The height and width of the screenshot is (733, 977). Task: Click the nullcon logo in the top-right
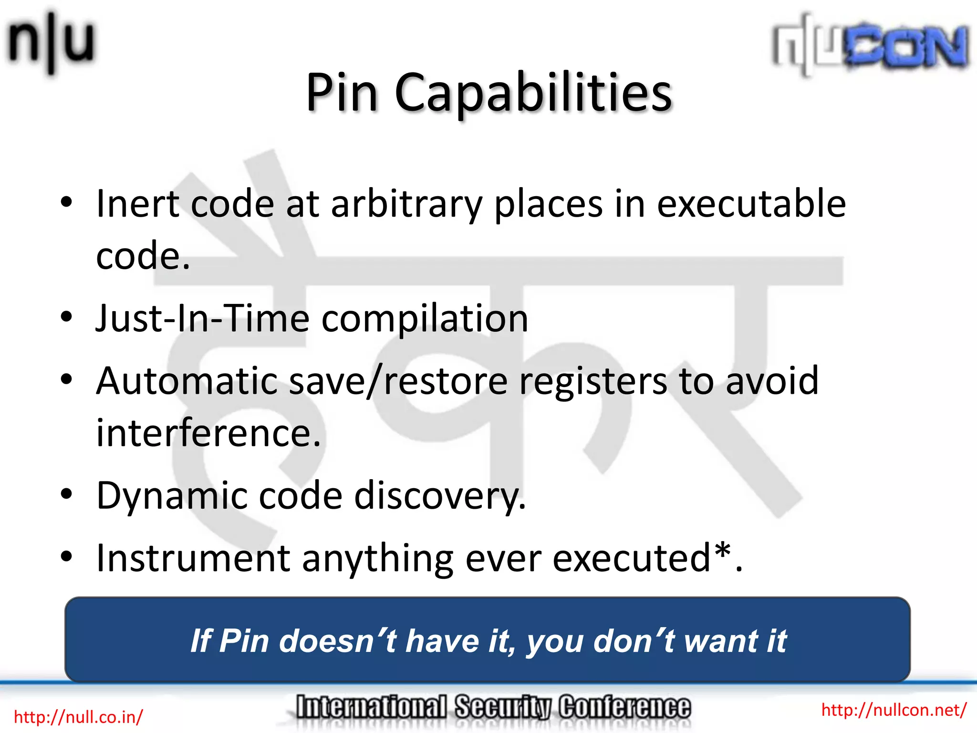[x=870, y=45]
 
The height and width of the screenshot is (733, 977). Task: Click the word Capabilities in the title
[x=533, y=93]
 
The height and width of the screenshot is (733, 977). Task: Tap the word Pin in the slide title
[x=342, y=93]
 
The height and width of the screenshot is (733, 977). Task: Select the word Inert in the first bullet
[x=137, y=204]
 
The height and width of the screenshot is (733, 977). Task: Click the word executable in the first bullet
[x=751, y=204]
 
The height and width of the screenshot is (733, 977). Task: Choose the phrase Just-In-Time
[x=202, y=319]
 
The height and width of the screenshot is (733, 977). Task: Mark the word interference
[x=208, y=433]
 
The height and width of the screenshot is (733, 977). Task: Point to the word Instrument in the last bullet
[x=193, y=558]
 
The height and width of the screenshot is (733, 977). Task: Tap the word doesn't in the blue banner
[x=338, y=641]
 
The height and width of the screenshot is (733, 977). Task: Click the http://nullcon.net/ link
[x=894, y=710]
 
